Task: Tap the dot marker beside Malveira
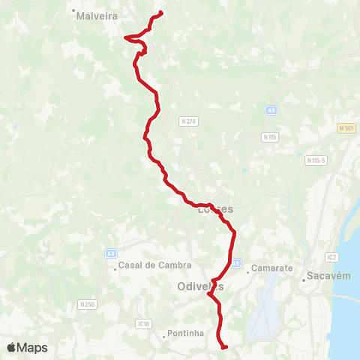tap(74, 12)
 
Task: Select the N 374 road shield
tap(187, 121)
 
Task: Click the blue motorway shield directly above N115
tap(271, 110)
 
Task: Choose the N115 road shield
tap(270, 137)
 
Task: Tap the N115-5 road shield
tap(316, 160)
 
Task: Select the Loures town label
tap(215, 210)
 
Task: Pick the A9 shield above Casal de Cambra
tap(111, 253)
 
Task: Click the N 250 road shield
tap(88, 304)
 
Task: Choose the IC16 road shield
tap(144, 323)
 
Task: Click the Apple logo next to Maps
tap(12, 347)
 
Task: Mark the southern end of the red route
tap(225, 347)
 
